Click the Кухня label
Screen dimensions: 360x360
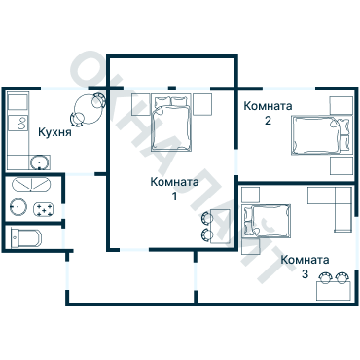(54, 132)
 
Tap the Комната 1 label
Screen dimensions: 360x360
(174, 189)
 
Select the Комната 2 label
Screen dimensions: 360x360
(268, 113)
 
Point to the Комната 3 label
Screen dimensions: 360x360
(305, 267)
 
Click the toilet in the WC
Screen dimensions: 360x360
(26, 238)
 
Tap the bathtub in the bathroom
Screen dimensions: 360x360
(31, 184)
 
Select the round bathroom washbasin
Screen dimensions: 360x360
(18, 206)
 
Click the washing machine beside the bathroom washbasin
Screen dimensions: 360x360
(44, 209)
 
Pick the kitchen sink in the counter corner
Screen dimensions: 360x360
(40, 162)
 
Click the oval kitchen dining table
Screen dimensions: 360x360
(88, 110)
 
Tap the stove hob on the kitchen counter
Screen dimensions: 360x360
(18, 123)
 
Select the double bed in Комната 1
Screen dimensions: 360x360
(171, 124)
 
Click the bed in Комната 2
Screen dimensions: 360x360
(321, 135)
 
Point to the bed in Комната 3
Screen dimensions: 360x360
(267, 220)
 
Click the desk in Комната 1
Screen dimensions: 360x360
(221, 226)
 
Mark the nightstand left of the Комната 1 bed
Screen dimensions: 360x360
(140, 104)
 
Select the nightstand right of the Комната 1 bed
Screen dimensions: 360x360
(202, 104)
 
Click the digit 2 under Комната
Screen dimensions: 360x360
(268, 121)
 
